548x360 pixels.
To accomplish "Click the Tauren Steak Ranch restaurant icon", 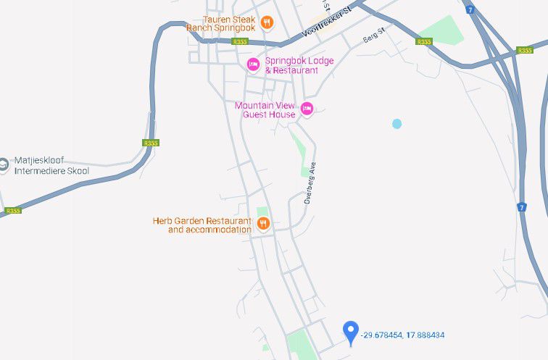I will click(x=267, y=22).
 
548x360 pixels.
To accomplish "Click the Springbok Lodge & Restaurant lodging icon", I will click(x=253, y=64).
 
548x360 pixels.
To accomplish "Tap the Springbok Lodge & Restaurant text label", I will click(x=297, y=65).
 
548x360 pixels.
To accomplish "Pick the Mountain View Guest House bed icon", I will click(x=307, y=109).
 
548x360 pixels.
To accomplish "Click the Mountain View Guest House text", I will click(x=265, y=109).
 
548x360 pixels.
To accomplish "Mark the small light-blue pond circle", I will click(x=397, y=124).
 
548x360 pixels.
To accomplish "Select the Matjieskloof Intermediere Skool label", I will click(x=51, y=167).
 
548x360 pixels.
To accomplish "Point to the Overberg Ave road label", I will click(x=311, y=185).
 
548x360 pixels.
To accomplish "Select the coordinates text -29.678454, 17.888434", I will click(x=403, y=335).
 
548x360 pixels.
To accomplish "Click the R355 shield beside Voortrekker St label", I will click(x=240, y=41).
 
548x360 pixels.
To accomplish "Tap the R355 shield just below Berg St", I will click(x=424, y=41).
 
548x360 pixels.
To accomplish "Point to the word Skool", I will click(x=77, y=171).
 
